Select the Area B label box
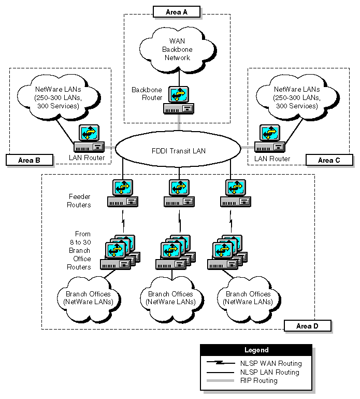point(30,160)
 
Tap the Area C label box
point(329,160)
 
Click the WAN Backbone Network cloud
point(177,50)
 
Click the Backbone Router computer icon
point(179,101)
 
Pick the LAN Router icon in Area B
point(89,139)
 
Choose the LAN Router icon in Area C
point(269,139)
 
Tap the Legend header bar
point(256,350)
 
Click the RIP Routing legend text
point(259,381)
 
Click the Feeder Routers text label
point(80,201)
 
